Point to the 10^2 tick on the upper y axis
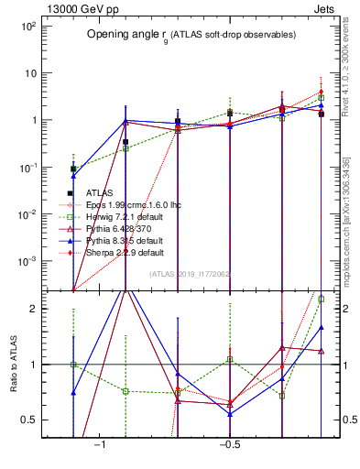pyautogui.click(x=26, y=26)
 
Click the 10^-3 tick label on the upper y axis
pyautogui.click(x=26, y=261)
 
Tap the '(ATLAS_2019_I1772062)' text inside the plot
pyautogui.click(x=189, y=273)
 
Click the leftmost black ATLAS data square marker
pyautogui.click(x=73, y=169)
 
